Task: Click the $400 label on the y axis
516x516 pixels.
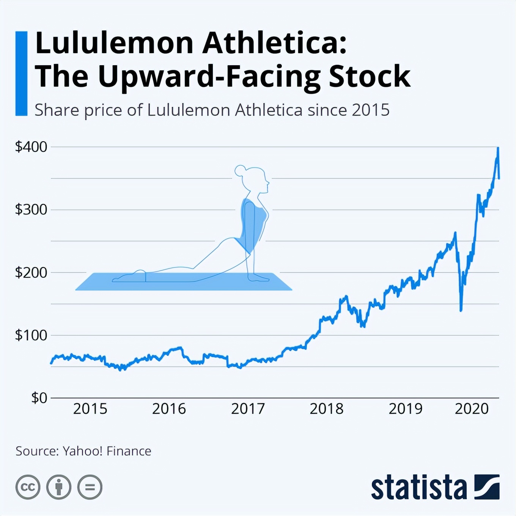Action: [31, 147]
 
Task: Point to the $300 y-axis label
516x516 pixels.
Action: [31, 209]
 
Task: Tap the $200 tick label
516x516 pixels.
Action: [31, 272]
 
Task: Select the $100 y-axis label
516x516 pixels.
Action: [31, 335]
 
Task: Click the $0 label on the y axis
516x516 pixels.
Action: [39, 398]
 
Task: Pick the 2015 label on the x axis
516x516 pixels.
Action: [90, 409]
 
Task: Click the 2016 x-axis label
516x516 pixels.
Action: [169, 409]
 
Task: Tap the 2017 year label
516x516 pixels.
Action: [248, 409]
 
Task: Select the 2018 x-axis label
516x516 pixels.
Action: [327, 409]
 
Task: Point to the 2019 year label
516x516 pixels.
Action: [406, 409]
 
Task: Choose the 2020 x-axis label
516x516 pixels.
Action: [472, 409]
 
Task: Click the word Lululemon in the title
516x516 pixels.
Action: [114, 43]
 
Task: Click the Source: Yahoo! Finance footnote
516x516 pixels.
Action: [83, 451]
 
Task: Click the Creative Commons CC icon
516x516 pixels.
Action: [28, 487]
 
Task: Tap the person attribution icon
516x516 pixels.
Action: [59, 487]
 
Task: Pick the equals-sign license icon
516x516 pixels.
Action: [90, 487]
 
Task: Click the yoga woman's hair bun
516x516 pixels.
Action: [240, 171]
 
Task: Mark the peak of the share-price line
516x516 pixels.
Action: [498, 148]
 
